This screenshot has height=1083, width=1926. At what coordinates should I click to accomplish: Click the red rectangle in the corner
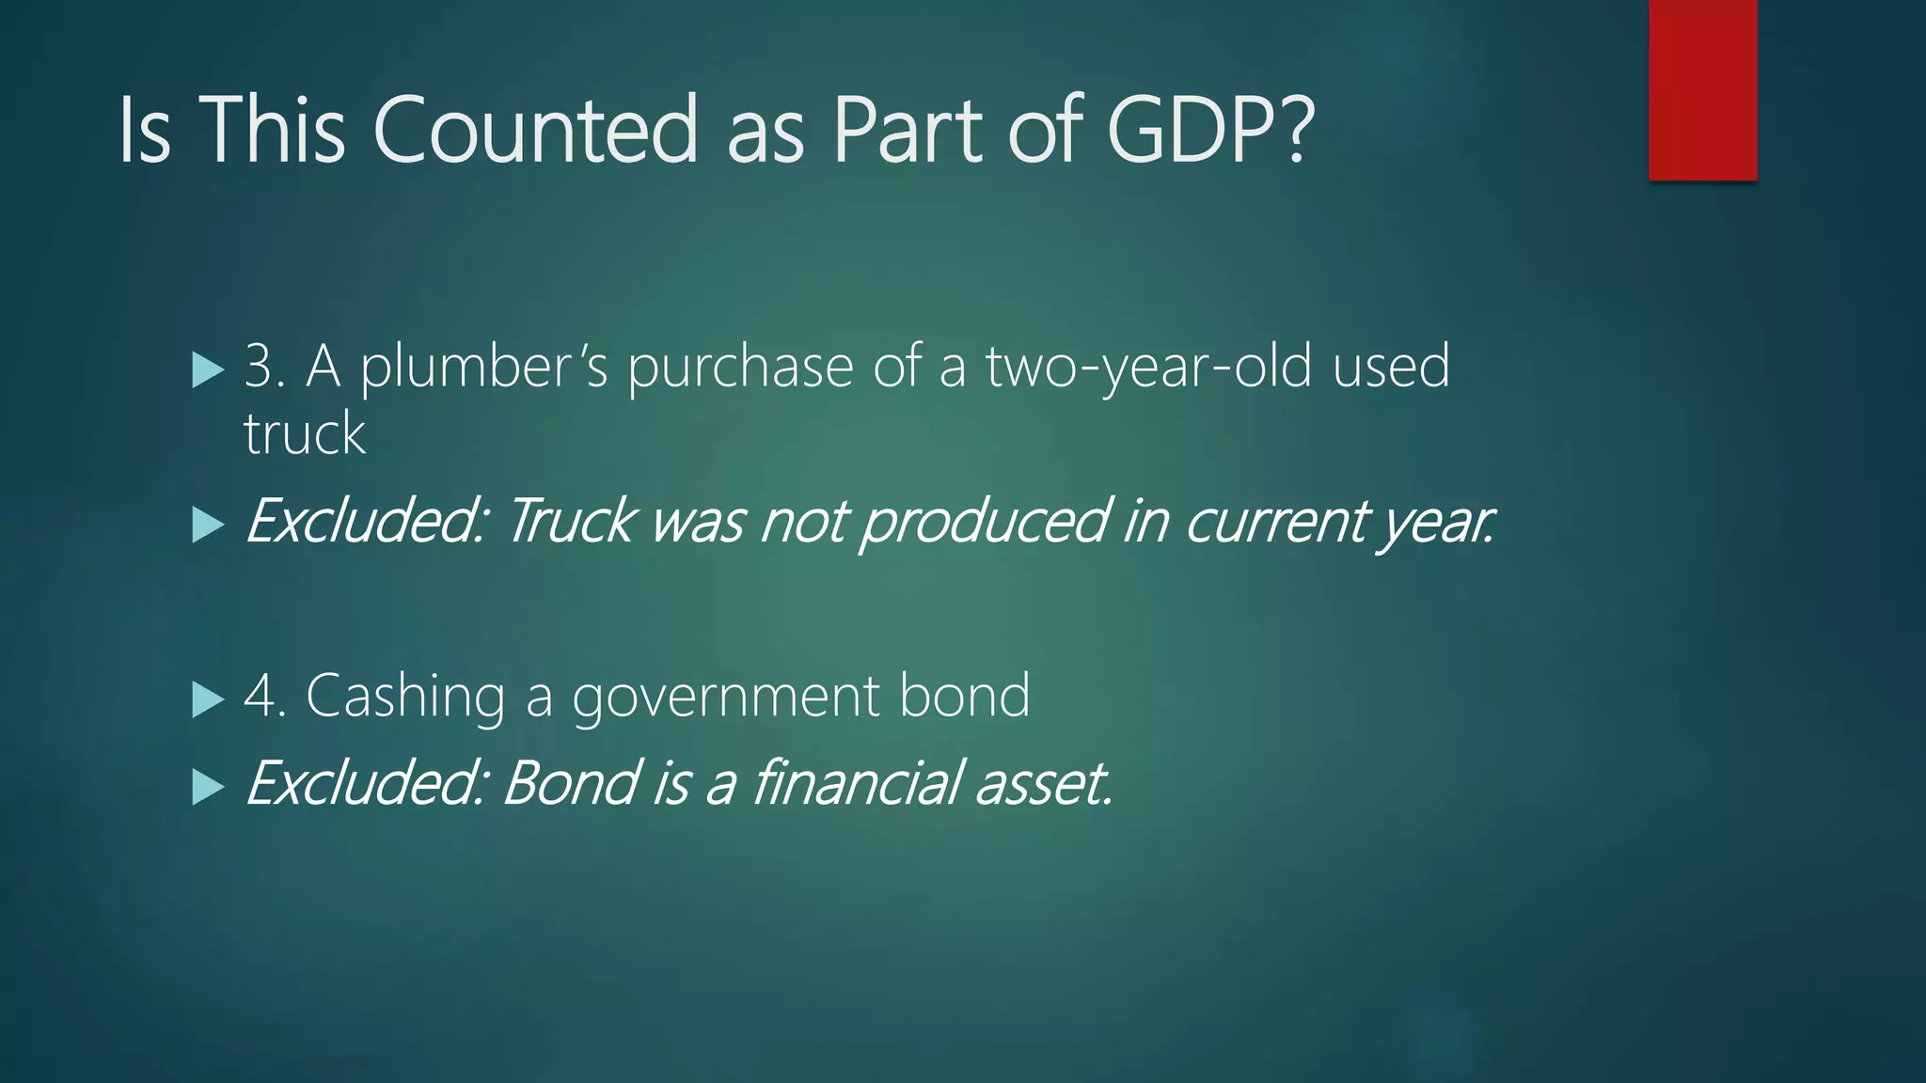pyautogui.click(x=1702, y=89)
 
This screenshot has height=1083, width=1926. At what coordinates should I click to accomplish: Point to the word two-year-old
pyautogui.click(x=1148, y=367)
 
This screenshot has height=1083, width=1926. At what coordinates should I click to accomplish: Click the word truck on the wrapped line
pyautogui.click(x=304, y=433)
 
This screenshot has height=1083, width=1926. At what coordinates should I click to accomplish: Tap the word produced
pyautogui.click(x=984, y=522)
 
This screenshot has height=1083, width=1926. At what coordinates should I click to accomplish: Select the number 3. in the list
pyautogui.click(x=264, y=367)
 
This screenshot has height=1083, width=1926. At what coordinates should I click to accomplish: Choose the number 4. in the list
pyautogui.click(x=264, y=697)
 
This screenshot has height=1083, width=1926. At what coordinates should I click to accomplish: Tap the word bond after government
pyautogui.click(x=964, y=697)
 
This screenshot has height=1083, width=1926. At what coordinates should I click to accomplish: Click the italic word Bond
pyautogui.click(x=569, y=783)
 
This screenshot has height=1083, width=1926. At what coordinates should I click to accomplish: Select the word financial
pyautogui.click(x=857, y=783)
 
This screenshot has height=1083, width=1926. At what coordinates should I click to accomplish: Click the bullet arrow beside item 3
pyautogui.click(x=207, y=369)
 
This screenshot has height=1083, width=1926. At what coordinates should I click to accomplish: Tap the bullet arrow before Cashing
pyautogui.click(x=207, y=699)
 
